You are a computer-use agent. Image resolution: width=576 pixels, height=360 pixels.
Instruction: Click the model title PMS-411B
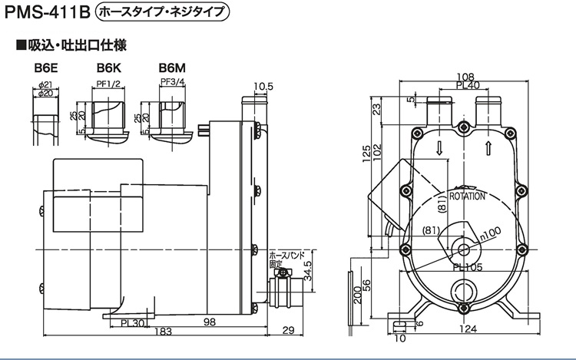point(47,12)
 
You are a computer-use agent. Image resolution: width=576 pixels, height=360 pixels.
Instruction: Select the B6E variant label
point(46,68)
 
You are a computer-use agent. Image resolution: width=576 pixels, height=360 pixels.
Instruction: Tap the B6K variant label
point(109,68)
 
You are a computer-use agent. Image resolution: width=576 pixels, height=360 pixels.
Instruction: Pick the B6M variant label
point(172,68)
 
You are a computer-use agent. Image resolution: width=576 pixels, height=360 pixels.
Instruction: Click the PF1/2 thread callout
point(108,84)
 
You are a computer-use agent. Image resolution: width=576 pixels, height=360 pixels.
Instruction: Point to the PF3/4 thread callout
point(172,82)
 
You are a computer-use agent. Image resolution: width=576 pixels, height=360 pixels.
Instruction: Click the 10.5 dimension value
point(263,87)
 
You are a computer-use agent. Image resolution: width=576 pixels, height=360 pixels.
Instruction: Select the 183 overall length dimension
point(163,332)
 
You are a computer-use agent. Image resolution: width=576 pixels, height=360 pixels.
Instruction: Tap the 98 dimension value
point(210,322)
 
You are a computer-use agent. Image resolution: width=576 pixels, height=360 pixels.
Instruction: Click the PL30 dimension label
point(133,323)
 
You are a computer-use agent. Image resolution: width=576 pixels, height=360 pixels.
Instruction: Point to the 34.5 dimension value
point(308,271)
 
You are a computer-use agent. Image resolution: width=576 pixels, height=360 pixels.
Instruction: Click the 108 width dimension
point(465,77)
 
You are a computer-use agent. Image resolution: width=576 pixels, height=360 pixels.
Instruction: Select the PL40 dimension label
point(468,85)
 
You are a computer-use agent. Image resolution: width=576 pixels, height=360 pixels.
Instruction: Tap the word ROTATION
point(467,197)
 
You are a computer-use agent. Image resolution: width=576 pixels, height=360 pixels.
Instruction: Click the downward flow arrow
point(439,148)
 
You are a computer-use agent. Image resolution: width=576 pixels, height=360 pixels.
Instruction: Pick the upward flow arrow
point(488,148)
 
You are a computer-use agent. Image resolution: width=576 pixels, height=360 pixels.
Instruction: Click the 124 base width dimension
point(468,329)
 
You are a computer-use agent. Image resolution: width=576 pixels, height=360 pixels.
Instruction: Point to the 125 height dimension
point(366,154)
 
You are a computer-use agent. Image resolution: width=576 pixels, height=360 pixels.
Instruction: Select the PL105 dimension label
point(467,268)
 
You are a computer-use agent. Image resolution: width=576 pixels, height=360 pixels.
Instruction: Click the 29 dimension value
point(288,330)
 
